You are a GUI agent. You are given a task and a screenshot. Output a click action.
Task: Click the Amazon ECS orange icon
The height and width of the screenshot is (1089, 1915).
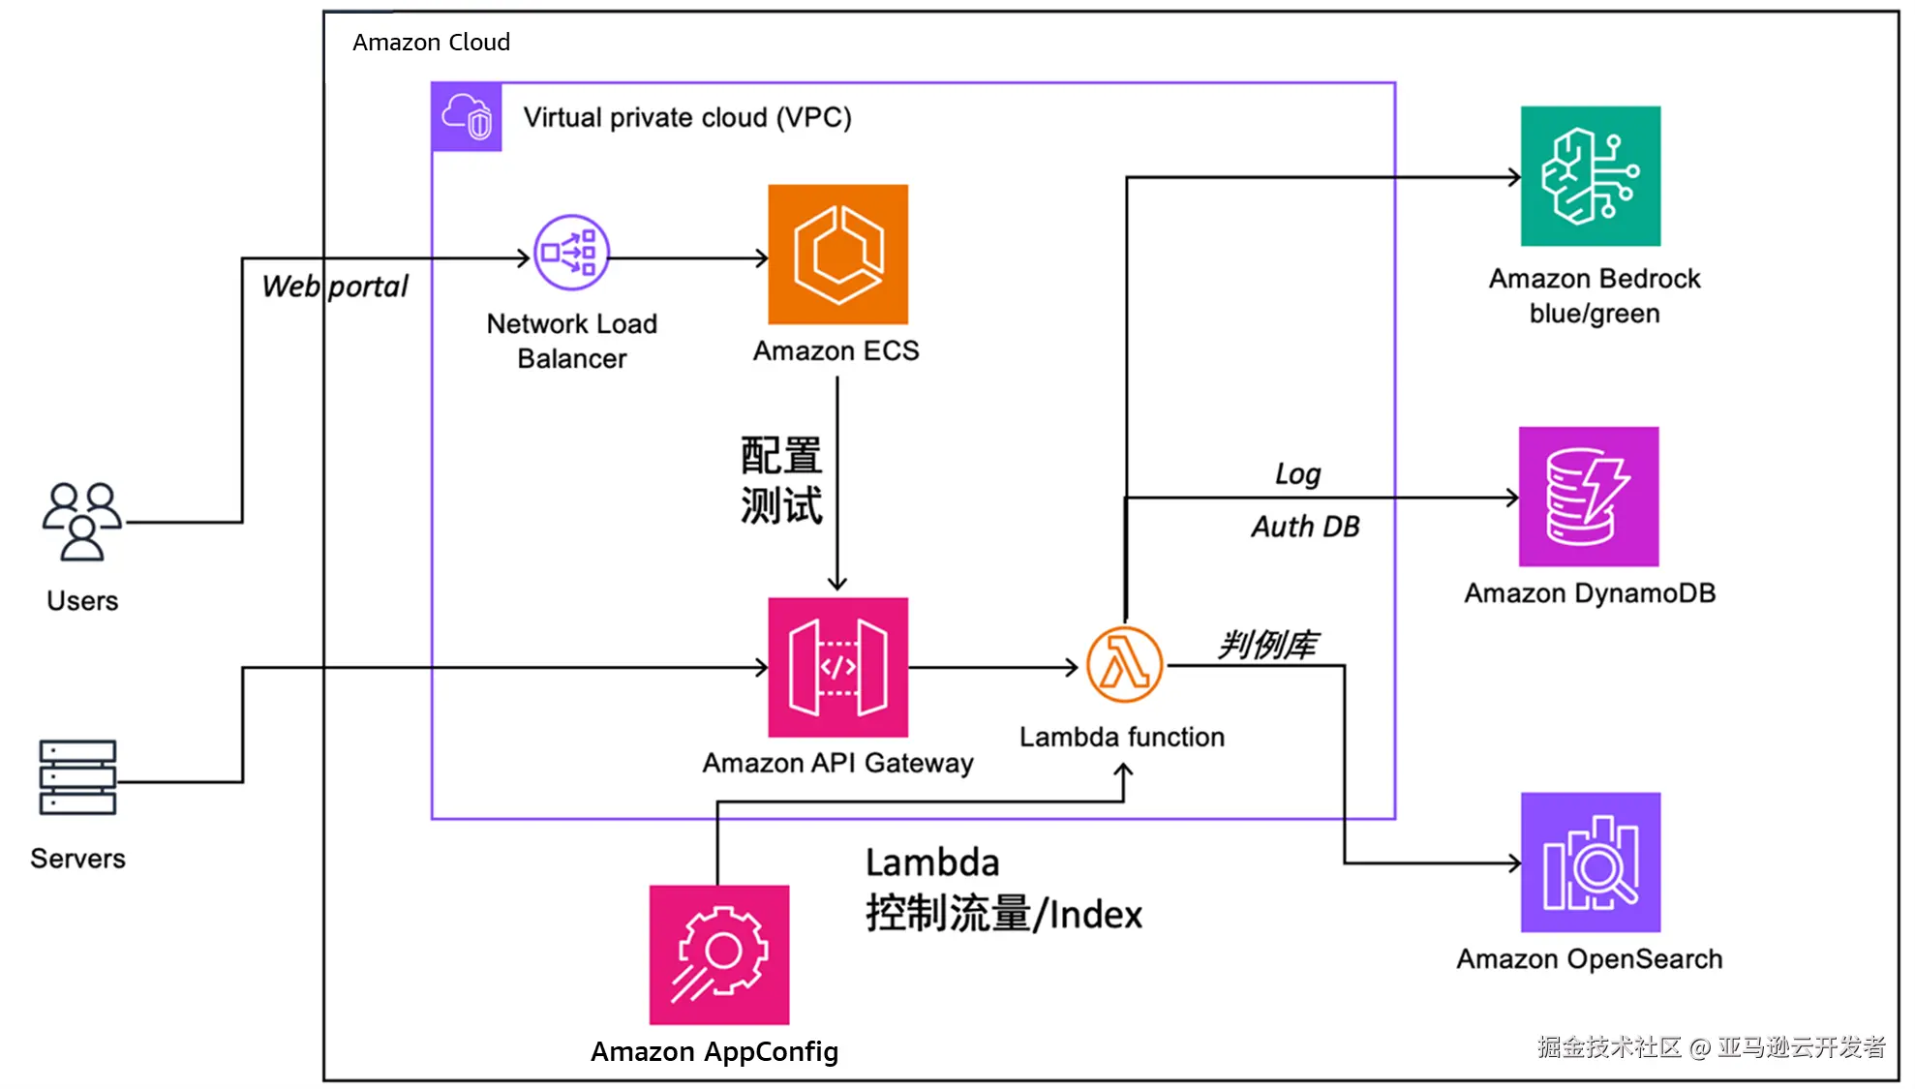[x=837, y=254]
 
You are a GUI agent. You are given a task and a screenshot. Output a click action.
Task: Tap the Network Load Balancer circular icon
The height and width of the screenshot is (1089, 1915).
[x=571, y=253]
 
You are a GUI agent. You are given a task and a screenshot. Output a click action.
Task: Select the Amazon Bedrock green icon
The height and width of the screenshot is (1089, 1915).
[x=1590, y=176]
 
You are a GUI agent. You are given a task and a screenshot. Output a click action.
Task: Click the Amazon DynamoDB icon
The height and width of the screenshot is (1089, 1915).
[x=1588, y=497]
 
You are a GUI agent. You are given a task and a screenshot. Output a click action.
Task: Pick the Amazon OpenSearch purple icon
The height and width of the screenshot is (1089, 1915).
[x=1590, y=862]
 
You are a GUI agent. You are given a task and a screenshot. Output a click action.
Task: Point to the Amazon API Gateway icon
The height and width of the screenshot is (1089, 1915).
[x=837, y=667]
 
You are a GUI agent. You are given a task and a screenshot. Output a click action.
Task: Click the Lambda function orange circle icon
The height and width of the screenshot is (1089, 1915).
[x=1124, y=665]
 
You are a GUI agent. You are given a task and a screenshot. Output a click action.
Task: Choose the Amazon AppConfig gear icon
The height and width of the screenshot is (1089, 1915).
[x=718, y=954]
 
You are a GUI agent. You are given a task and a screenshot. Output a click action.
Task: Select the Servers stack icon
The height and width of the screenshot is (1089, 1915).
[x=77, y=777]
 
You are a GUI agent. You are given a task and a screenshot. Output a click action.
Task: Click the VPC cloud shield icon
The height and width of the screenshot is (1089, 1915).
[x=467, y=117]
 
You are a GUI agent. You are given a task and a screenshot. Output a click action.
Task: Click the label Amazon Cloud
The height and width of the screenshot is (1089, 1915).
[x=431, y=43]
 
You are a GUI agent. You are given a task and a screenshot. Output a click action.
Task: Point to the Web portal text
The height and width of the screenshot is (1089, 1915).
[x=335, y=287]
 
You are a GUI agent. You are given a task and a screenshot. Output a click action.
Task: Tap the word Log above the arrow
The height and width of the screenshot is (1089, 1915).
[x=1297, y=473]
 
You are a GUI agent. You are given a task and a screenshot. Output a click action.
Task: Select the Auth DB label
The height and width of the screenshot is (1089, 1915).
[x=1305, y=527]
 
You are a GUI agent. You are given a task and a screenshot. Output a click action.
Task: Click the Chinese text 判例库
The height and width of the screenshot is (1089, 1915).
[x=1267, y=645]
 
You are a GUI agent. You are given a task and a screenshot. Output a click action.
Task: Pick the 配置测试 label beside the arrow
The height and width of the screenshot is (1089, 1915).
[x=781, y=480]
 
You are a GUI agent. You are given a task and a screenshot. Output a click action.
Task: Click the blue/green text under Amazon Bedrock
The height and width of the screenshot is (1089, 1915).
[x=1594, y=314]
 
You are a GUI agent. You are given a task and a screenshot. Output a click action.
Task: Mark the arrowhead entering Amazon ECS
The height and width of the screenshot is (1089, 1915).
[x=762, y=258]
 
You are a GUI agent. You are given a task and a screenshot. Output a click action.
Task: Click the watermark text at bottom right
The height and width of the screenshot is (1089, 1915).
[x=1711, y=1046]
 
